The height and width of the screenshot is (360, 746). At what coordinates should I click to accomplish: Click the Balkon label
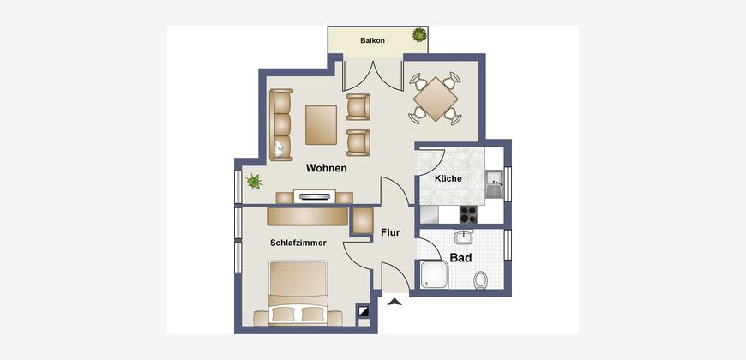tap(372, 41)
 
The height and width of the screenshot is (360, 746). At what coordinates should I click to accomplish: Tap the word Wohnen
tap(327, 168)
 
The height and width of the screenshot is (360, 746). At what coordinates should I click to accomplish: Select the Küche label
tap(448, 179)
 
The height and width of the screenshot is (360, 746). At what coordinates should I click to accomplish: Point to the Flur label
tap(390, 233)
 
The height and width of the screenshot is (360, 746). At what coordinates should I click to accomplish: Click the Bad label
tap(461, 258)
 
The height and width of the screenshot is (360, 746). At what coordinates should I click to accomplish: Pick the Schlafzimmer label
tap(298, 243)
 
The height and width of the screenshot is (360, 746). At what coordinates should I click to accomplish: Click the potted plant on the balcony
tap(419, 35)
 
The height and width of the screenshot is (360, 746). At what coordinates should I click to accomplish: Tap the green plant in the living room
tap(254, 181)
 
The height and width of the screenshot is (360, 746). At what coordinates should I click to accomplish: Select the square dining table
tap(436, 99)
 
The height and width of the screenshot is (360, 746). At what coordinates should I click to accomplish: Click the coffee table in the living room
tap(322, 124)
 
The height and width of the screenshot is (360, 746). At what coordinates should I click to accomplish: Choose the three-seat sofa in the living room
tap(281, 124)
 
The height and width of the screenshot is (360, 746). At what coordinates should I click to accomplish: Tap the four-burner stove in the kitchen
tap(468, 214)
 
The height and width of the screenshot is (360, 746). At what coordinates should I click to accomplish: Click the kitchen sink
tap(495, 184)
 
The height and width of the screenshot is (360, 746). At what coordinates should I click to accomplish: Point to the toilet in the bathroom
tap(481, 280)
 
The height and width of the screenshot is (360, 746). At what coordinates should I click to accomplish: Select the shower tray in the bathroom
tap(434, 275)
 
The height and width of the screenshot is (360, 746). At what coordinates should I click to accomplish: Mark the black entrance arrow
tap(394, 301)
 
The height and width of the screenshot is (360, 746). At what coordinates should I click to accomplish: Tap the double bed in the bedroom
tap(298, 293)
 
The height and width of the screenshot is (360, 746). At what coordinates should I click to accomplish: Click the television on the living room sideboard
tap(314, 195)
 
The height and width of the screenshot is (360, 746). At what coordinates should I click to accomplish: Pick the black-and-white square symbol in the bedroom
tap(364, 312)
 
